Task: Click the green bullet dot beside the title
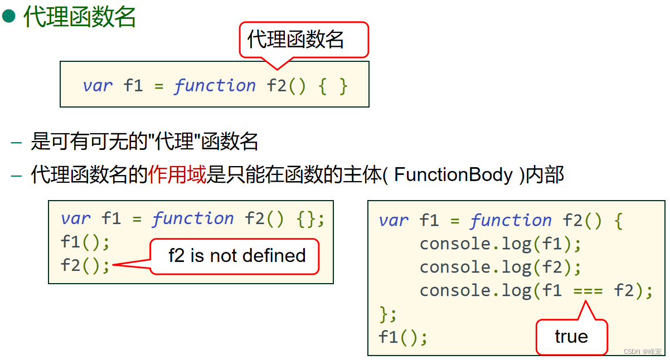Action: tap(9, 16)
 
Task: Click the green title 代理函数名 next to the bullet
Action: tap(80, 17)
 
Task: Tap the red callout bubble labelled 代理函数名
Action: tap(304, 40)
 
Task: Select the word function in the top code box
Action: tap(215, 85)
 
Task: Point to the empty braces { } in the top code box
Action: tap(333, 86)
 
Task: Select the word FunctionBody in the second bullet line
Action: tap(453, 175)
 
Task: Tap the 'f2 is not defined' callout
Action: tap(237, 256)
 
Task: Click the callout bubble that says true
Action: tap(571, 337)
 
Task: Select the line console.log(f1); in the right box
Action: tap(500, 244)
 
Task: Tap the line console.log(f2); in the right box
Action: tap(500, 267)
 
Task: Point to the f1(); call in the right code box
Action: tap(402, 337)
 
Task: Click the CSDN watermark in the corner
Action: tap(642, 352)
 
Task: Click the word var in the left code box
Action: tap(75, 218)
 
